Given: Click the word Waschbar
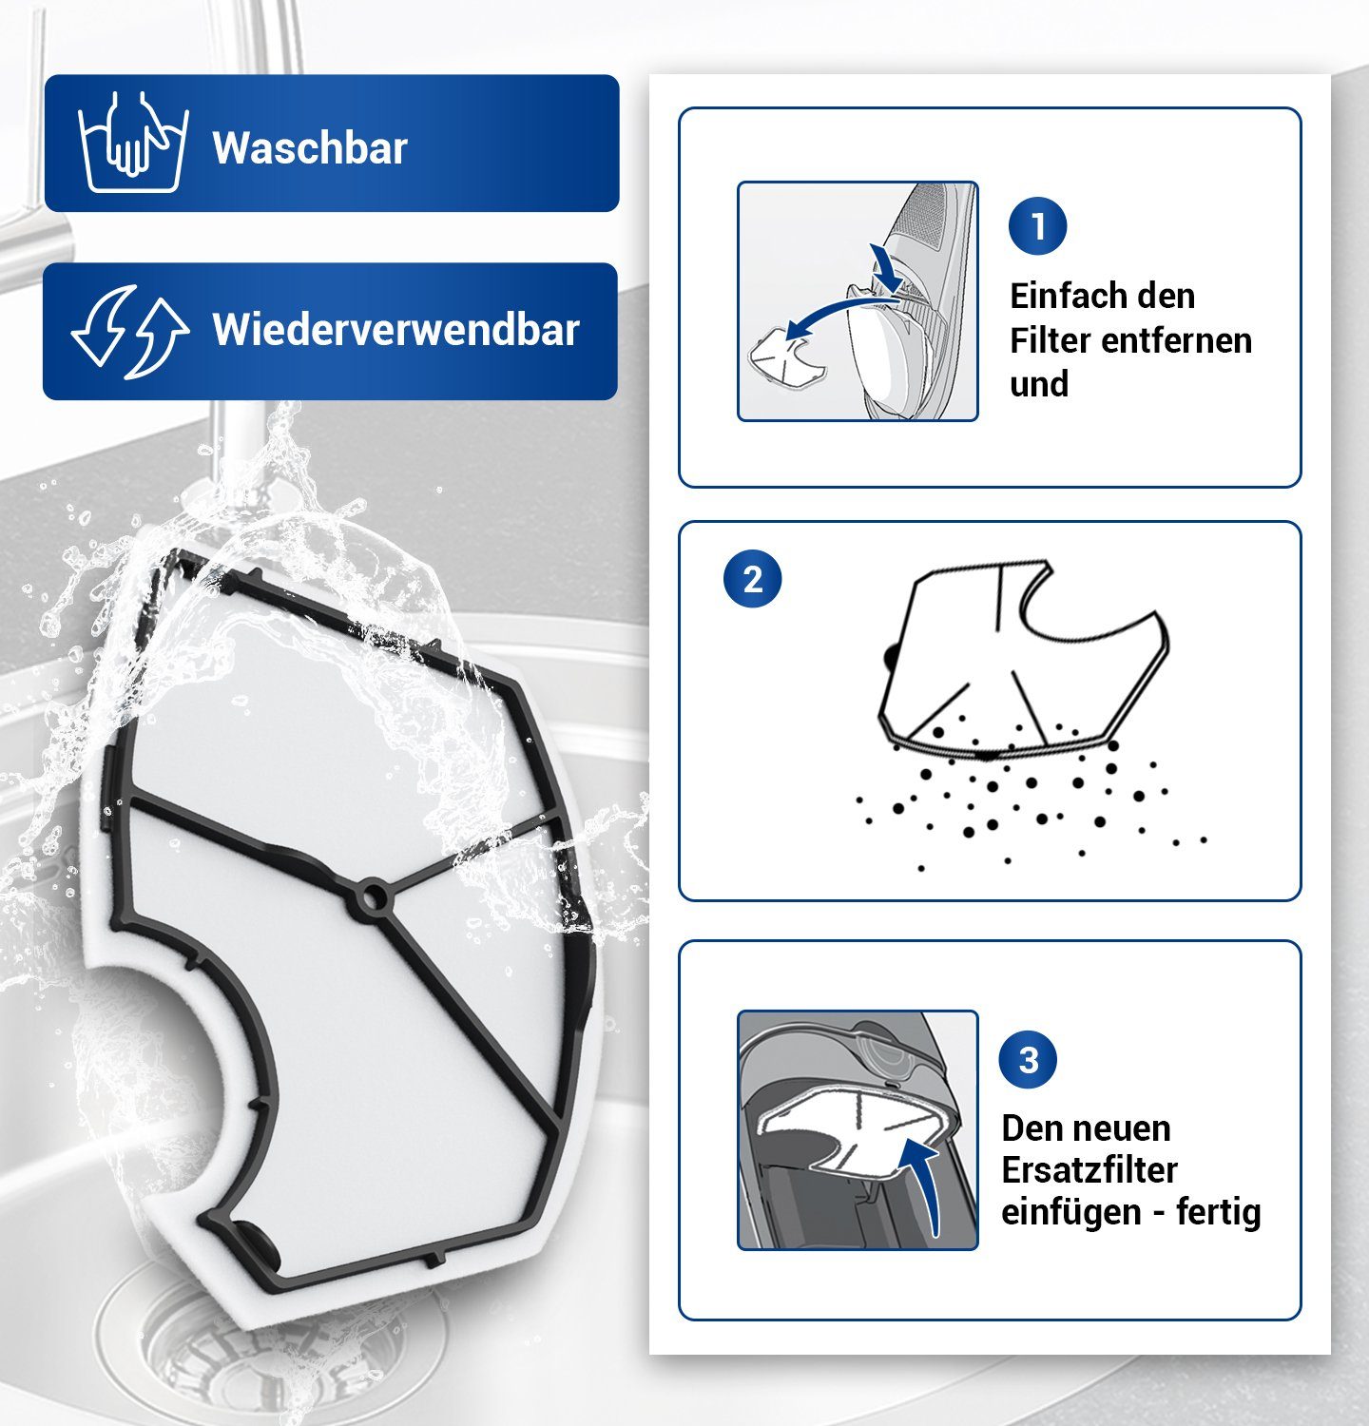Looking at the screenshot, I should coord(310,148).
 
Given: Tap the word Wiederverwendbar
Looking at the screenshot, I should coord(395,330).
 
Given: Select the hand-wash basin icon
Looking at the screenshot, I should coord(133,143).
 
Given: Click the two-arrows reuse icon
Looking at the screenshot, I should coord(130,331).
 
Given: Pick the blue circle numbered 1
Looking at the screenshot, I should coord(1037,226).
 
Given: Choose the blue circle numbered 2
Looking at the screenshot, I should coord(752,579).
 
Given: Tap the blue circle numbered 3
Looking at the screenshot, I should coord(1029,1059).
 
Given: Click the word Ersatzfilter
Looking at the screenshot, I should coord(1089,1169).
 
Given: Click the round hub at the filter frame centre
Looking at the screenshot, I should coord(373,896).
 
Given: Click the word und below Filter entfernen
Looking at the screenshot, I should coord(1039,384).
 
